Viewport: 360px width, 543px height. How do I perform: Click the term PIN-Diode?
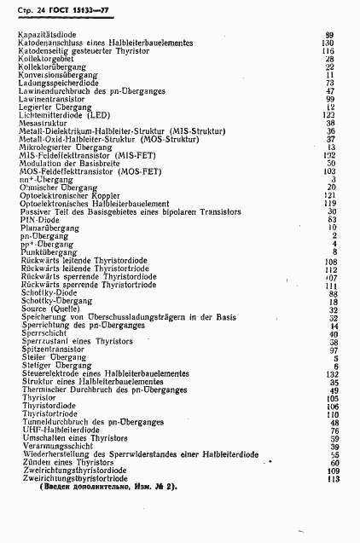[x=35, y=219]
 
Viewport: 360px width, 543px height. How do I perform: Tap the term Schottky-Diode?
[x=43, y=292]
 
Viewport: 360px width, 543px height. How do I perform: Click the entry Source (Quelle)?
[x=46, y=309]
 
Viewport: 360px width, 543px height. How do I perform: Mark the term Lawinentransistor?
[x=49, y=98]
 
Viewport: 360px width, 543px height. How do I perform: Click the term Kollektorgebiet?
[x=45, y=58]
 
